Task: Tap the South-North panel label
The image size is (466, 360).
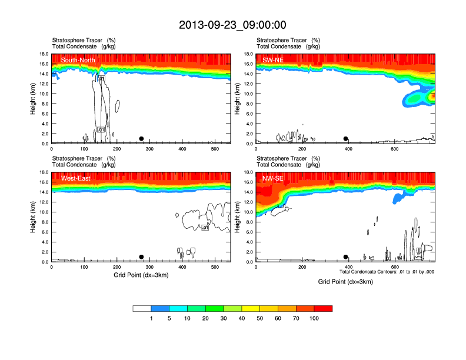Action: coord(78,60)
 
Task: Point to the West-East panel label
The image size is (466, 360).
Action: coord(75,178)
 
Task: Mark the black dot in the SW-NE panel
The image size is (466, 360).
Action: coord(346,139)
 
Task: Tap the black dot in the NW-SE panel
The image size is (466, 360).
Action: coord(346,257)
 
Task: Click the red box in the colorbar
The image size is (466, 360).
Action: coord(323,308)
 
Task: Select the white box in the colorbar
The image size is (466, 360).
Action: coord(142,308)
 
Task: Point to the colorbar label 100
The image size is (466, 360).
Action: coord(314,318)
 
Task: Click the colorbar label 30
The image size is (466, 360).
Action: coord(224,318)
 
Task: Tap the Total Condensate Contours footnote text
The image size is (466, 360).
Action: coord(387,272)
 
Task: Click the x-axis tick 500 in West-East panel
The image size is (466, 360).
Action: coord(215,267)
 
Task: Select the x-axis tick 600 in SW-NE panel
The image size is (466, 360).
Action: coord(395,149)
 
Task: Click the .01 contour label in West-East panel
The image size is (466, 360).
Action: coord(205,227)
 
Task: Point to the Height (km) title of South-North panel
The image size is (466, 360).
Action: coord(33,98)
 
